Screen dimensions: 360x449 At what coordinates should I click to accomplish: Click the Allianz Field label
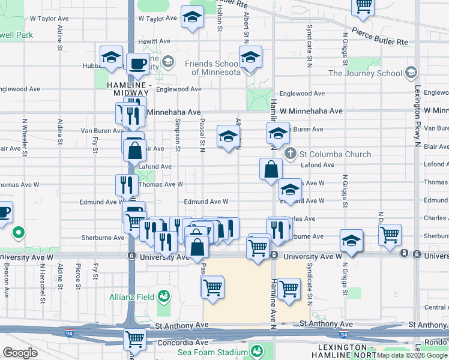click(x=131, y=296)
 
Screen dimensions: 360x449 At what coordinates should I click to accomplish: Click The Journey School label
click(x=365, y=73)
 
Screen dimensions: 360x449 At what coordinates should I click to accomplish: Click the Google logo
click(x=20, y=352)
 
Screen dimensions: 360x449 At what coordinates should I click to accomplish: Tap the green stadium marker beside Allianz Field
click(x=163, y=296)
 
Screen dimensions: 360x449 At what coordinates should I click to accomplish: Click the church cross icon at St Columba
click(x=291, y=154)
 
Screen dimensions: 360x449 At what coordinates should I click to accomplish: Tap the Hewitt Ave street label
click(x=154, y=41)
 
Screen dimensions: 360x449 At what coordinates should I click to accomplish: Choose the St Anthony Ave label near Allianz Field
click(x=181, y=325)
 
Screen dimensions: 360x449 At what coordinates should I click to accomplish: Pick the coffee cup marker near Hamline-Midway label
click(x=137, y=64)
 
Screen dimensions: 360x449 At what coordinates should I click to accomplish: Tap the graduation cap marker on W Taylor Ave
click(x=192, y=19)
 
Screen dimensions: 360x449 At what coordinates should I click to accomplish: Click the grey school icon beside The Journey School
click(x=411, y=73)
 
